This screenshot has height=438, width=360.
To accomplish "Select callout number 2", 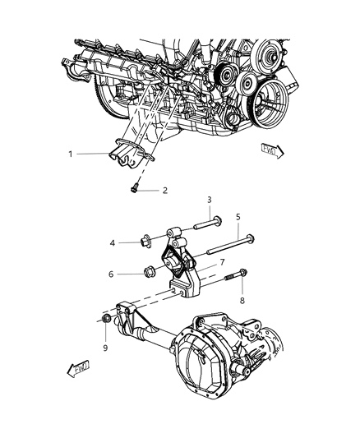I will point(165,190).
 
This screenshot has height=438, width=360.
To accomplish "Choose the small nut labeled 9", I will point(108,318).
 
